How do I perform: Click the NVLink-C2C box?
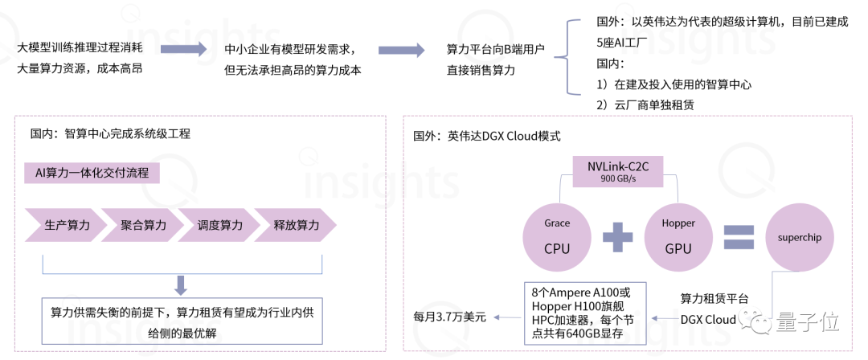617,170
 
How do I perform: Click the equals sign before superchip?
739,237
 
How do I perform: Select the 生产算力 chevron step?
67,226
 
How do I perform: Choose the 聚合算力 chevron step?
144,226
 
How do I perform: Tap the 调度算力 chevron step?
219,226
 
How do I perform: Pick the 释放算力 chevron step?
296,226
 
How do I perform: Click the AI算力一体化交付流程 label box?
92,173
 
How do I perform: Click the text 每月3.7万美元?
449,317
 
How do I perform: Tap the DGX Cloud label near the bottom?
708,320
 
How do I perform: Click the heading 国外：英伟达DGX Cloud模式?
486,137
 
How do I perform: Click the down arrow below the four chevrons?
182,284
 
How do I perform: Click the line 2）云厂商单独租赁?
645,104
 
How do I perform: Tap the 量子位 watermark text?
807,323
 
